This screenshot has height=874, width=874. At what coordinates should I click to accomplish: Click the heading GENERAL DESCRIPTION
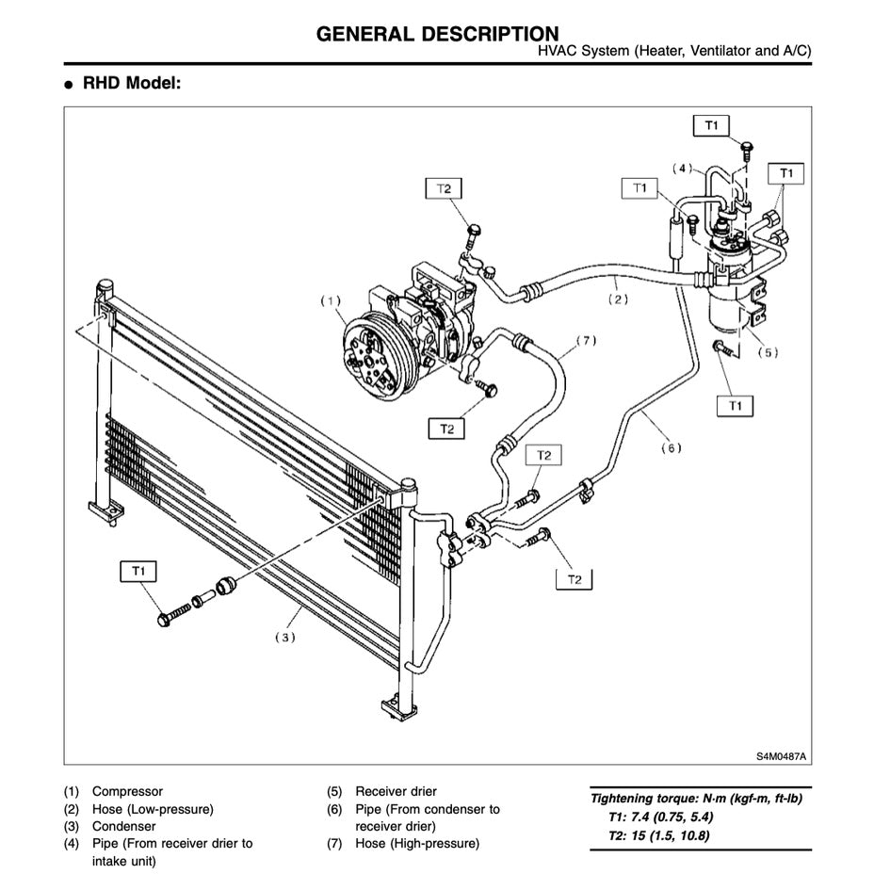pos(437,35)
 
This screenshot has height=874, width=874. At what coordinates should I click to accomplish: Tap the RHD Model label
pos(131,84)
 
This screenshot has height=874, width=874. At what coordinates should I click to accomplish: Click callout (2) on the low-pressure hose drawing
pos(617,300)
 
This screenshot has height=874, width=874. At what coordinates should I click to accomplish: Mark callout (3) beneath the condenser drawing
pos(284,638)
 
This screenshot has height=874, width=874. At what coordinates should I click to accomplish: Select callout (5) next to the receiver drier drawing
pos(769,353)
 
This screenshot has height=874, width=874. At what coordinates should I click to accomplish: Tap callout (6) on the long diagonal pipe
pos(670,448)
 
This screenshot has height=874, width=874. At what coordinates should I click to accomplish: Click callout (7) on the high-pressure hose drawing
pos(586,340)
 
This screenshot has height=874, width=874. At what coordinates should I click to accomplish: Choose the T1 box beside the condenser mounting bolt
pos(138,571)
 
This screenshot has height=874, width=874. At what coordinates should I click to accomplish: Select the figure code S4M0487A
pos(782,755)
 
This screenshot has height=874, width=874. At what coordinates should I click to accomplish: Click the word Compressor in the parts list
pos(127,792)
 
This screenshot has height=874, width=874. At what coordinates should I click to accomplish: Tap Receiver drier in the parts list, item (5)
pos(396,792)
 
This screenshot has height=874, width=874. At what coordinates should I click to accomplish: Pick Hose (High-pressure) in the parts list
pos(417,843)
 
